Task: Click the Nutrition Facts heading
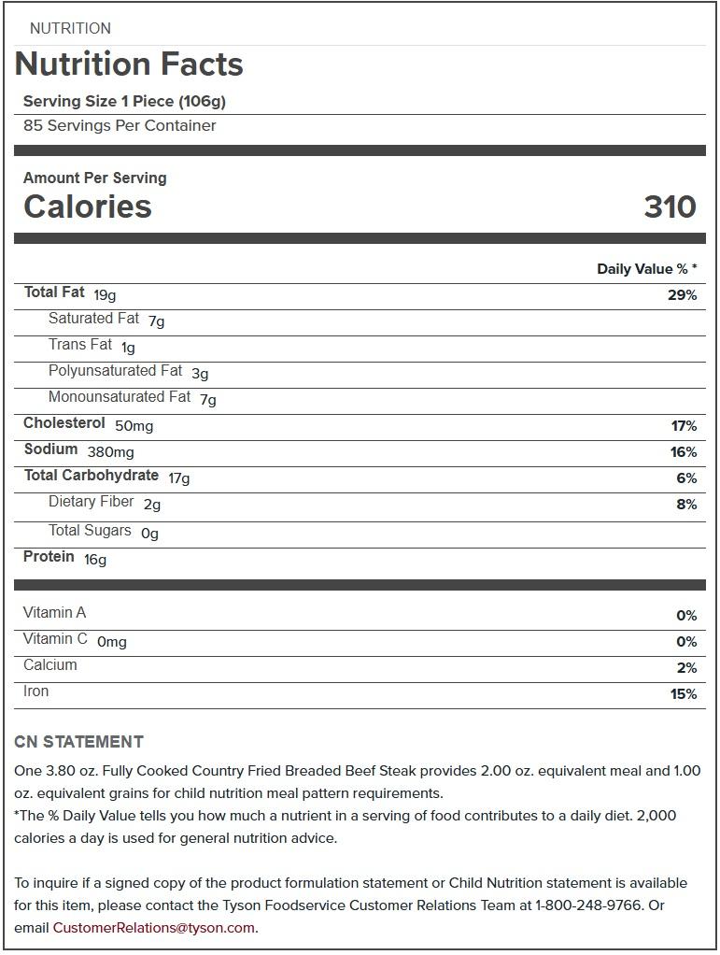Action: tap(129, 64)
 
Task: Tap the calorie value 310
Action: tap(670, 207)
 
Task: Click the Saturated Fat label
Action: tap(93, 319)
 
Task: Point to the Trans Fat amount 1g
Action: tap(128, 348)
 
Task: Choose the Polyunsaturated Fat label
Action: tap(115, 371)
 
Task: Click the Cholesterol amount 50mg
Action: tap(134, 426)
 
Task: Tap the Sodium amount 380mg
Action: tap(110, 452)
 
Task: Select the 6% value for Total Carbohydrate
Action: tap(687, 478)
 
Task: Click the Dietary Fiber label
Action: tap(92, 502)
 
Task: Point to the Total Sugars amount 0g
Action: tap(149, 534)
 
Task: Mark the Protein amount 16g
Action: tap(95, 560)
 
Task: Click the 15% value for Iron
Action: tap(684, 694)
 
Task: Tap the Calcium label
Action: tap(50, 665)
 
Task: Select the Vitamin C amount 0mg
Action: tap(112, 642)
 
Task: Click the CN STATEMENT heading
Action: tap(79, 742)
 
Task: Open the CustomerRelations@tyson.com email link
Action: tap(154, 928)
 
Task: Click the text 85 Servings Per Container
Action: tap(120, 126)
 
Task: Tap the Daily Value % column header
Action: tap(646, 269)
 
